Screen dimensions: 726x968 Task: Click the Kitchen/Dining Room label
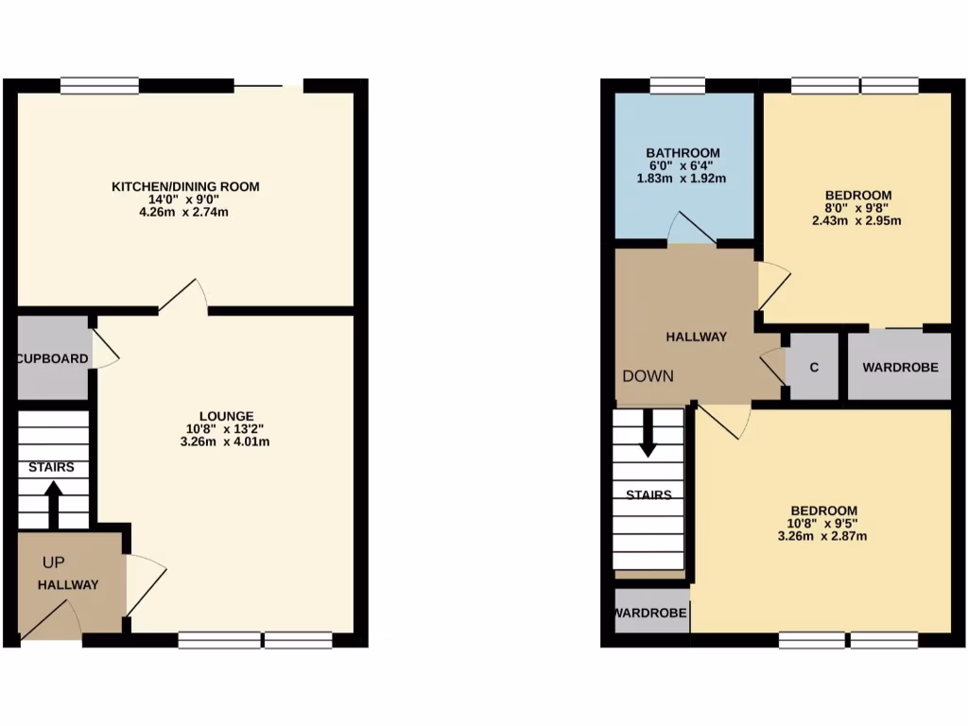pos(185,186)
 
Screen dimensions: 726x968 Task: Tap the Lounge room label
pos(226,415)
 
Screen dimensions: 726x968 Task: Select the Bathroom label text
pos(683,152)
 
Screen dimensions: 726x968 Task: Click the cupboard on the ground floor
pos(53,358)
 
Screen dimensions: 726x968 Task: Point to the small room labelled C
pos(813,366)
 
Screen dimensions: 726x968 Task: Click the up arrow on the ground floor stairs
pos(54,503)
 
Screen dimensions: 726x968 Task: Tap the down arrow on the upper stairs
pos(648,438)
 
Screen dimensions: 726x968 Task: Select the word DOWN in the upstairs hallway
pos(648,376)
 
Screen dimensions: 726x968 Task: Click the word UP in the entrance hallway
pos(53,562)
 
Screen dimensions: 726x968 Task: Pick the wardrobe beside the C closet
pos(900,366)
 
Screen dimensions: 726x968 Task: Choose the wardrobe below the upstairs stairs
pos(651,613)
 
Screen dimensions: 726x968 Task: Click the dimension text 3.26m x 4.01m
pos(226,441)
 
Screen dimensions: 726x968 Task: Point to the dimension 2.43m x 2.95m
pos(857,221)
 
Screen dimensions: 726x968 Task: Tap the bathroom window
pos(678,86)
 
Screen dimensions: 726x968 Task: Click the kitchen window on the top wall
pos(100,86)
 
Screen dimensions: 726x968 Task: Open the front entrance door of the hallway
pos(50,619)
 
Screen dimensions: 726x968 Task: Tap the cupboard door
pos(105,347)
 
